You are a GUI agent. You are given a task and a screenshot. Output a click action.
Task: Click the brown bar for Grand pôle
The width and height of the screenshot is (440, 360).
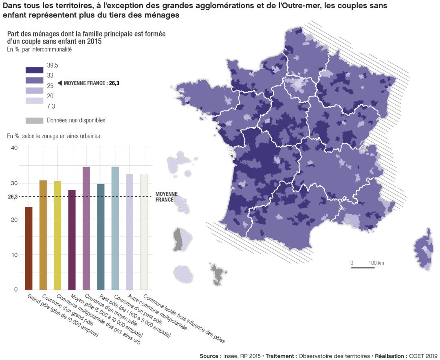point(29,248)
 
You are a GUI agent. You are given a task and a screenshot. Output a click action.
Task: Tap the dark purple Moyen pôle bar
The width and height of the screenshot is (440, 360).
point(72,240)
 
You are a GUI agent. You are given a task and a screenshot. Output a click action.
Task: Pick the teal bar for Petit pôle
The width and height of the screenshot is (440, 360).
point(101,237)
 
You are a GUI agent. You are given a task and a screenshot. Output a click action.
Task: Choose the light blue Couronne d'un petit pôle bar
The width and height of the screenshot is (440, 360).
point(115,228)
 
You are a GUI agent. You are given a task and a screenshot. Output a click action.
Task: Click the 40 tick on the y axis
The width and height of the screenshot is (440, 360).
point(14,148)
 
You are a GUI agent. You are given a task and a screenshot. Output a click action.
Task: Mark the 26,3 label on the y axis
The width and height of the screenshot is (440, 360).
point(13,197)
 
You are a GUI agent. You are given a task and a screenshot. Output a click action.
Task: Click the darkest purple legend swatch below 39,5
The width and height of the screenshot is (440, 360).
point(34,70)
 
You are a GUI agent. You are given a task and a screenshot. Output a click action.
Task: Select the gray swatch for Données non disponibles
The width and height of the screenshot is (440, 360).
point(34,121)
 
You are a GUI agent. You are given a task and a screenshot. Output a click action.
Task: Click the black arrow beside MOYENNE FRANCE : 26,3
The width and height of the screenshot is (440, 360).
point(59,83)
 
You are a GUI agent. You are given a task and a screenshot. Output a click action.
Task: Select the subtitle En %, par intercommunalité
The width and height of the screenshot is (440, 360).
point(39,50)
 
